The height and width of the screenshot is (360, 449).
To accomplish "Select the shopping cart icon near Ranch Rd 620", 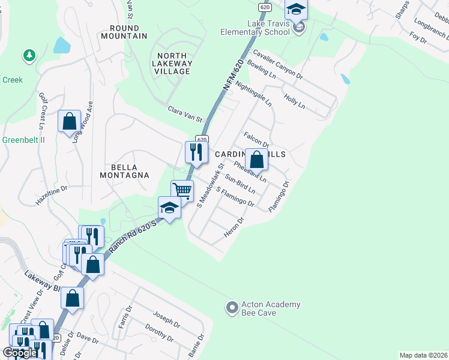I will coord(182,191).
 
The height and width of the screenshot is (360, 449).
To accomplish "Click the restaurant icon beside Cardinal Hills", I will coord(195,152).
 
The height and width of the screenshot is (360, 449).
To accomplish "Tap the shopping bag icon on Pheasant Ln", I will coord(256,160).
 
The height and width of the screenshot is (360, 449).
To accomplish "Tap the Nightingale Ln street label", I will coord(253,93).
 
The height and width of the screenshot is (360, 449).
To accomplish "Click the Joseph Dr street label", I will coord(166,320).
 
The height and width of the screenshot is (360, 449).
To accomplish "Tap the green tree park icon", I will coord(28,56).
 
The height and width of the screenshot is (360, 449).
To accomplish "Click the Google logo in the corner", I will coord(20,353).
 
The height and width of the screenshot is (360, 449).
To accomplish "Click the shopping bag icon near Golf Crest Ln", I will coord(69,121).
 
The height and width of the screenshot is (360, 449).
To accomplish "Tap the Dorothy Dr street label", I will coord(159,334).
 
